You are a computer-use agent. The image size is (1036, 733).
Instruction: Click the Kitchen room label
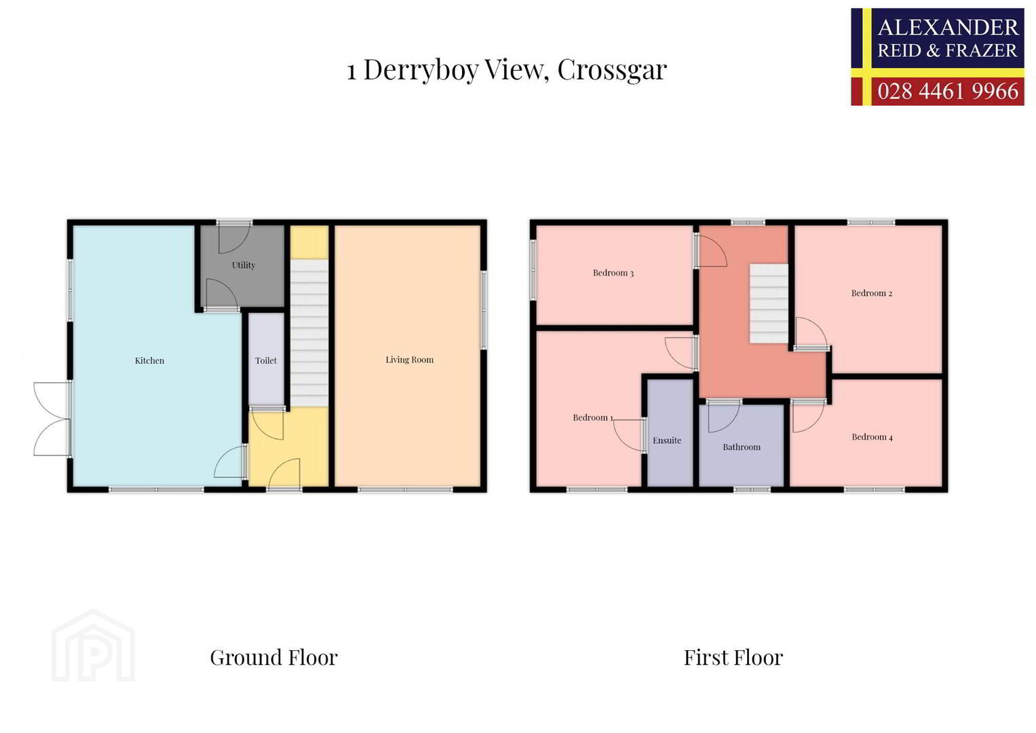pyautogui.click(x=149, y=360)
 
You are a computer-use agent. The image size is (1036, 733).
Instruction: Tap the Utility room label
pyautogui.click(x=244, y=265)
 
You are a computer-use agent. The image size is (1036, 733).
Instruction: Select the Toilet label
pyautogui.click(x=266, y=360)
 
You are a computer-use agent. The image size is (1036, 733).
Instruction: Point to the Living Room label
pyautogui.click(x=409, y=360)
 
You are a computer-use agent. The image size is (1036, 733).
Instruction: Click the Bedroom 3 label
pyautogui.click(x=613, y=273)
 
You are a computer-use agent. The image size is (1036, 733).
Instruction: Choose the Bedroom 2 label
pyautogui.click(x=872, y=293)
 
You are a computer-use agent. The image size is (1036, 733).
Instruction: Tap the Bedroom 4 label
pyautogui.click(x=872, y=437)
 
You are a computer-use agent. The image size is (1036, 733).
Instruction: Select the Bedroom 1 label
pyautogui.click(x=593, y=417)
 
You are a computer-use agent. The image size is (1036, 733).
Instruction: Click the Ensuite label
pyautogui.click(x=667, y=440)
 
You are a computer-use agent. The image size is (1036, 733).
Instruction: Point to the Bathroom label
pyautogui.click(x=742, y=447)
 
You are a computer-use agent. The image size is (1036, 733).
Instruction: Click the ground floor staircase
pyautogui.click(x=309, y=333)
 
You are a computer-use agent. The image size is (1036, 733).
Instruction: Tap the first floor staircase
pyautogui.click(x=769, y=303)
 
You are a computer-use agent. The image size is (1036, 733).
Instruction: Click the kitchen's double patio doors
pyautogui.click(x=52, y=419)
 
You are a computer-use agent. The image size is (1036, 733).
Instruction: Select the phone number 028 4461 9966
pyautogui.click(x=948, y=91)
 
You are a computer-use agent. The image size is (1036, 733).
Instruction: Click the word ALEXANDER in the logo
pyautogui.click(x=948, y=27)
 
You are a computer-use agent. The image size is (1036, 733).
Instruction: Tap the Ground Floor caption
pyautogui.click(x=274, y=658)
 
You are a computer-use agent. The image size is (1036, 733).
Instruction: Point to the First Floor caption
pyautogui.click(x=733, y=658)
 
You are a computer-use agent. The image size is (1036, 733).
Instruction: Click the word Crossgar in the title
pyautogui.click(x=612, y=71)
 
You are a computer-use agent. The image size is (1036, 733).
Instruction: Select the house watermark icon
pyautogui.click(x=93, y=645)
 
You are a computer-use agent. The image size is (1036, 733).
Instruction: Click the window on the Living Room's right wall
pyautogui.click(x=483, y=310)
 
